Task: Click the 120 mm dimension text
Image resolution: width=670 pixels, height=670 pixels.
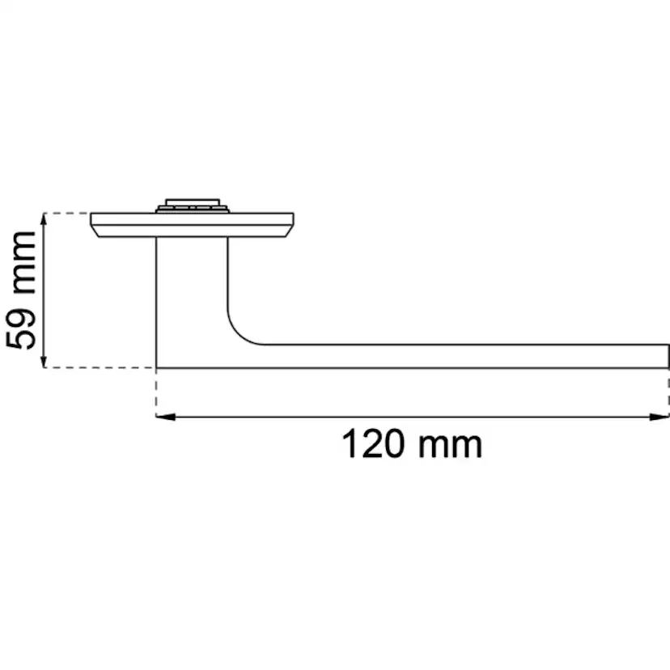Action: coord(412,444)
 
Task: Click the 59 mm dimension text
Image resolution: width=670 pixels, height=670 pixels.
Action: coord(21,290)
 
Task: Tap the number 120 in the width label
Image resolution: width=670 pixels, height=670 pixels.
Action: coord(373,444)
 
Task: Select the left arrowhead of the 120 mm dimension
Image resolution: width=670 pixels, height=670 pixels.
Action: coord(165,417)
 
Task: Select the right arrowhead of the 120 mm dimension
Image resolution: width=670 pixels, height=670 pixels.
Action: coord(659,417)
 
